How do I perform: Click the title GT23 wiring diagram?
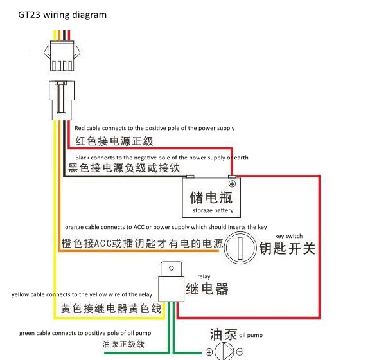(x=62, y=15)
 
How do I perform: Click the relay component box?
(x=170, y=283)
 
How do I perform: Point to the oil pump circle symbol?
(x=224, y=352)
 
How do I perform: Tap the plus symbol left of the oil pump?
(x=209, y=352)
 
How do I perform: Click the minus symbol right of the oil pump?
(x=240, y=352)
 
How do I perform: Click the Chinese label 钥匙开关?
(x=287, y=248)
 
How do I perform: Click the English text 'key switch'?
(x=288, y=236)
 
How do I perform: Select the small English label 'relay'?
(x=204, y=276)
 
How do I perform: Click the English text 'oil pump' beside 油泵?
(x=251, y=335)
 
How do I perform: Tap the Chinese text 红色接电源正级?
(x=114, y=141)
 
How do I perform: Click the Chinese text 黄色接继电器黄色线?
(x=110, y=309)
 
